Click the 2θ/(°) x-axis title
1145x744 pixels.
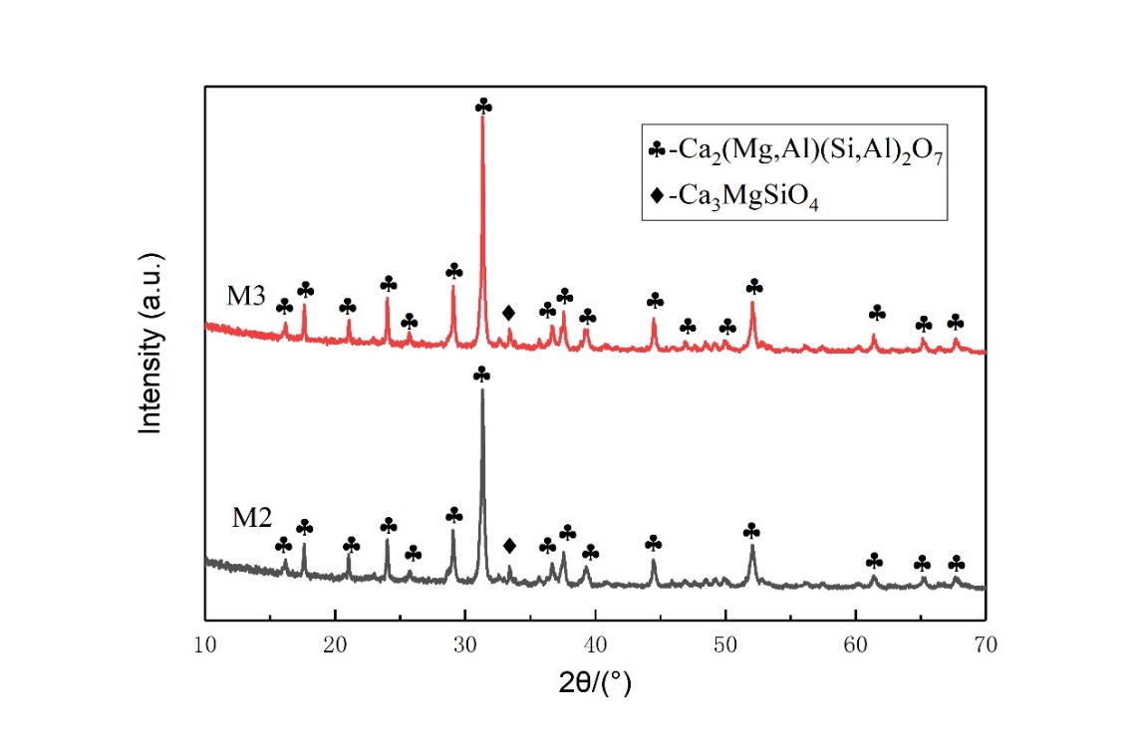[594, 684]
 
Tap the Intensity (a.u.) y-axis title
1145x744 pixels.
[151, 344]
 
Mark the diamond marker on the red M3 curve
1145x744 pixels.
[509, 312]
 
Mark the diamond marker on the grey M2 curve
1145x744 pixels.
[510, 545]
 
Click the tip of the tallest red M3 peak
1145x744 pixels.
[482, 118]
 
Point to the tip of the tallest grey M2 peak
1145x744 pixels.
[482, 389]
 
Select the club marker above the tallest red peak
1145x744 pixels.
[483, 106]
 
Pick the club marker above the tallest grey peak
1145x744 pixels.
[482, 374]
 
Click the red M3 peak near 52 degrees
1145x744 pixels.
[752, 304]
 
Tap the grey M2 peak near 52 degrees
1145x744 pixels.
[752, 546]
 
